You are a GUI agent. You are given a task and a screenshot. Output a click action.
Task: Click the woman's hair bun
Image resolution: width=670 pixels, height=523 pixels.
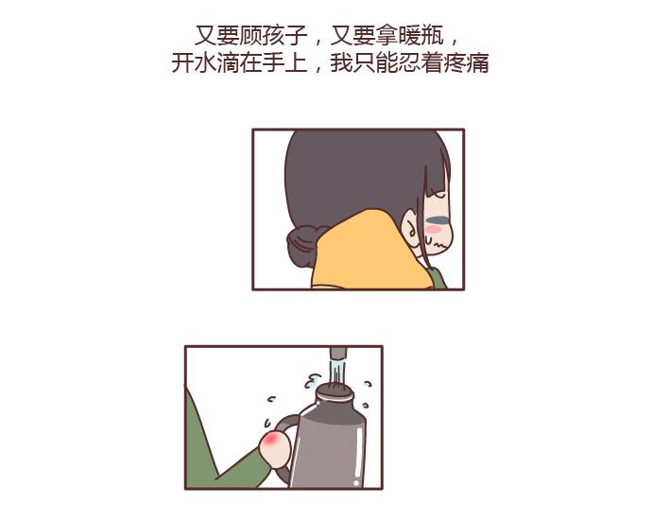pos(303,245)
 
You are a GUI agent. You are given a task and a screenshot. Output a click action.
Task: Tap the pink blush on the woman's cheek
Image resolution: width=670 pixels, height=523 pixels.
pos(434,230)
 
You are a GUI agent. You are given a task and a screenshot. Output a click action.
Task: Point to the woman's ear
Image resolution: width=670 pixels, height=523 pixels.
pos(413,230)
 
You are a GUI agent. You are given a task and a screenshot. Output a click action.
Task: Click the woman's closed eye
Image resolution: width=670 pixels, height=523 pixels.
pos(438,220)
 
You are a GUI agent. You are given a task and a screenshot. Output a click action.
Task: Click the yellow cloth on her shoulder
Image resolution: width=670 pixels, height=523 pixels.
pos(368,253)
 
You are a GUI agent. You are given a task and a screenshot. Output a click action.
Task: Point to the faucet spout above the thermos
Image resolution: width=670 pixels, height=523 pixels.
pos(338,353)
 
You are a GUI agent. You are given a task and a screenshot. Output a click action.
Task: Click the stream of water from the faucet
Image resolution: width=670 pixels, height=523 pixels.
pos(337,371)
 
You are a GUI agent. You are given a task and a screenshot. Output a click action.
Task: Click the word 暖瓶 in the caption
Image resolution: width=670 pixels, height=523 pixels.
pos(421,36)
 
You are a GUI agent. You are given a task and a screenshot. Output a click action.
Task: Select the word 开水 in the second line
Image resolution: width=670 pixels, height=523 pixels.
pos(194,63)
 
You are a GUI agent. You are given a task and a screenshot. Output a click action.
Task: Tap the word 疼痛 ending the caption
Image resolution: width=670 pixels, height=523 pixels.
pos(467,63)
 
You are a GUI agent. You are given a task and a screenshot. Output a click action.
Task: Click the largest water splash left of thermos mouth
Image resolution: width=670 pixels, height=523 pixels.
pos(313,380)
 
